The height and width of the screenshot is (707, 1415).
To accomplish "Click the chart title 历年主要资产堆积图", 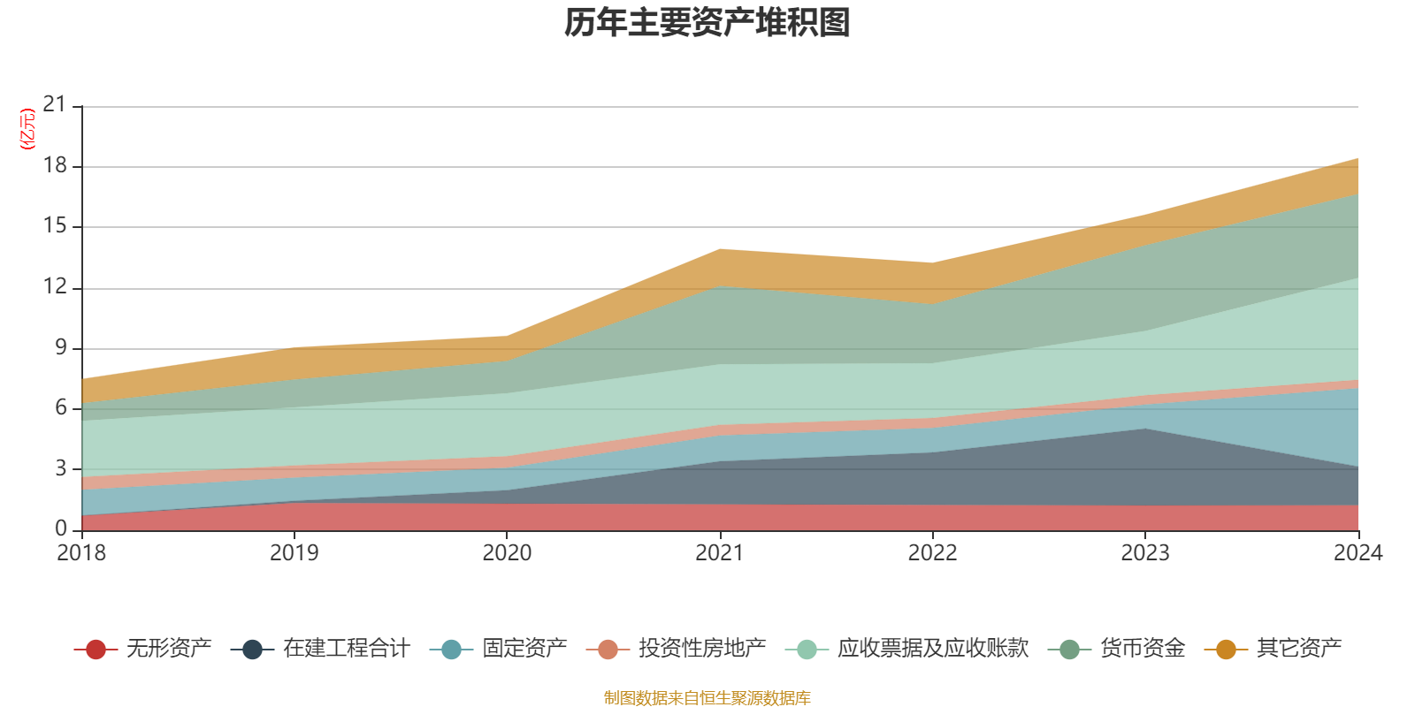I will tap(707, 23).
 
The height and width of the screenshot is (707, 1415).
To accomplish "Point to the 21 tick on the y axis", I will tap(55, 105).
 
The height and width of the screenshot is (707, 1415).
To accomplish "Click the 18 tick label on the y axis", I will tap(55, 166).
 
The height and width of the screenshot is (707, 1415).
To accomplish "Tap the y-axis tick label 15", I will tap(55, 226).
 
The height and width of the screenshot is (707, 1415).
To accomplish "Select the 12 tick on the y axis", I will tap(55, 286).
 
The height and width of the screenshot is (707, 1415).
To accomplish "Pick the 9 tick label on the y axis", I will tap(61, 347).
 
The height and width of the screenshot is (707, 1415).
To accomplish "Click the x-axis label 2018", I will tap(81, 553).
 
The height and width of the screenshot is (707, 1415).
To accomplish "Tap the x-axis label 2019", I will tap(294, 553).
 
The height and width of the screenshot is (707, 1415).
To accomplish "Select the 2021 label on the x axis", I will tap(720, 553).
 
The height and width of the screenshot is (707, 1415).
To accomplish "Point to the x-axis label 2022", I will tap(932, 553).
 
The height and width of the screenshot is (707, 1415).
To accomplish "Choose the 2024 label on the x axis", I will tap(1358, 553).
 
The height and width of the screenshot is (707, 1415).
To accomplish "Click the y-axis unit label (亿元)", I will tap(27, 129).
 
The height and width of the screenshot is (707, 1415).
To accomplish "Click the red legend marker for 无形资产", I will tap(96, 650).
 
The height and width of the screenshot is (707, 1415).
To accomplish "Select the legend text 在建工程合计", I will tap(347, 649).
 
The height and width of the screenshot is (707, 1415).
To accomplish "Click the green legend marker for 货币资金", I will tap(1069, 650).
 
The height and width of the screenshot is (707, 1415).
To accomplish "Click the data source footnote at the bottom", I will tap(707, 698).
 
